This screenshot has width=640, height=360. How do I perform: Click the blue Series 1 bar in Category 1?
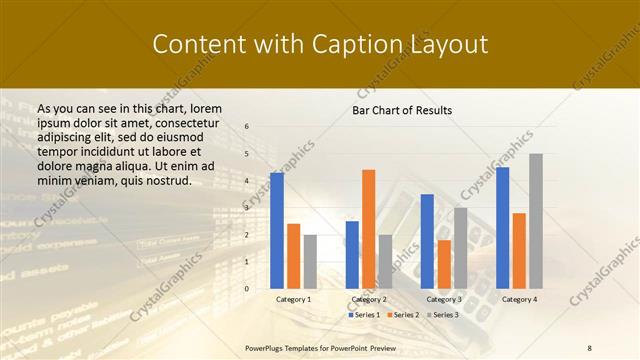click(277, 230)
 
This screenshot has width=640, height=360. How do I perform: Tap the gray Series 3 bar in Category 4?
click(536, 221)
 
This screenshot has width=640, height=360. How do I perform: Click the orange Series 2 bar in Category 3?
click(444, 264)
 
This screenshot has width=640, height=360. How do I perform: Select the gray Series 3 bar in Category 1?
click(310, 261)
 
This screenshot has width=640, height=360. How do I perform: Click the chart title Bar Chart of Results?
click(402, 110)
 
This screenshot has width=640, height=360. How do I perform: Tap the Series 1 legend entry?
click(365, 315)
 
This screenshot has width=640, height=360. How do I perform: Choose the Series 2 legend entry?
click(401, 315)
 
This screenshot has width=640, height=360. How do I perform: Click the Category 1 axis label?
click(293, 299)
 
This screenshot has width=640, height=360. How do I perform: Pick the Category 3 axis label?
click(444, 299)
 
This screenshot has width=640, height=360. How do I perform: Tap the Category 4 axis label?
click(519, 299)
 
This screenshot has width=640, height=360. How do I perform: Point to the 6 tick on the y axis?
click(247, 127)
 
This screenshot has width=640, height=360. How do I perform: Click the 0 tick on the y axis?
click(247, 288)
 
